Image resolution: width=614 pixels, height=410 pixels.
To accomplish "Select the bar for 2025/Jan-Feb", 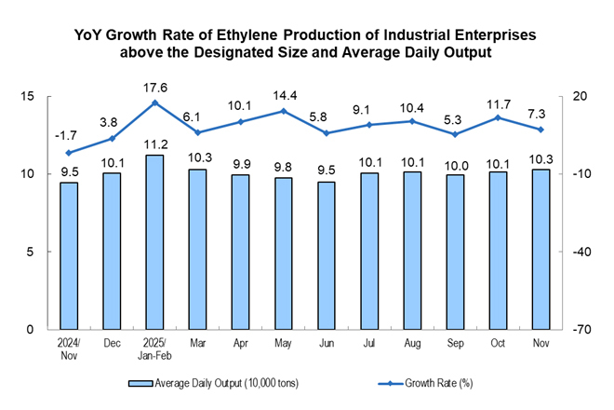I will click(154, 241).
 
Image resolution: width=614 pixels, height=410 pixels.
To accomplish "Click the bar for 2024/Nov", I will click(69, 255).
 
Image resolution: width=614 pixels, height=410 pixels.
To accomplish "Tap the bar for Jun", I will click(327, 255).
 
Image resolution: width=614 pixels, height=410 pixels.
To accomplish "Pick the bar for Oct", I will click(498, 250).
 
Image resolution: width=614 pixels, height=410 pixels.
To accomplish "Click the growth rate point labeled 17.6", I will click(154, 102).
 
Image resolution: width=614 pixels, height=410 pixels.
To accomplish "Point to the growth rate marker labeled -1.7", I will click(69, 152).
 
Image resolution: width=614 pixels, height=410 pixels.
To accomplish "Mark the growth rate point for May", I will click(284, 111).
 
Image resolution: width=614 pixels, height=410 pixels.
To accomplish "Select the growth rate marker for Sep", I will click(455, 134).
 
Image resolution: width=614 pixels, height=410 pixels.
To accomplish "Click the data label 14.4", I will click(284, 94).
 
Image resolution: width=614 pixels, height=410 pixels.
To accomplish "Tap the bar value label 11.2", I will click(154, 144).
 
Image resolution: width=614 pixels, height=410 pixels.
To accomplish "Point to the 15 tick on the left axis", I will click(29, 96).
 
